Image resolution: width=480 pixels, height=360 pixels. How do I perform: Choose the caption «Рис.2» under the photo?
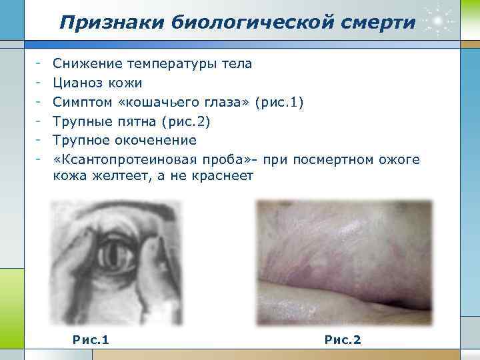[x=343, y=340]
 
